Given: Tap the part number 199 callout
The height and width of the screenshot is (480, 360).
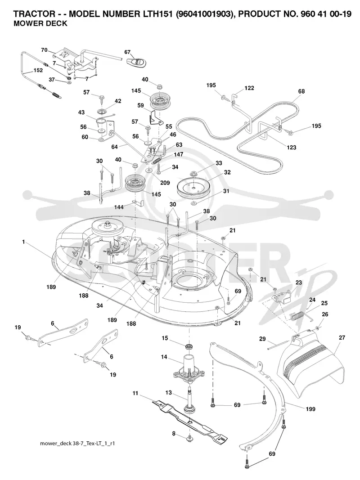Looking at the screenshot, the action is (310, 409).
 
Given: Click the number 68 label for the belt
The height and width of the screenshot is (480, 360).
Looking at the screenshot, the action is (301, 91).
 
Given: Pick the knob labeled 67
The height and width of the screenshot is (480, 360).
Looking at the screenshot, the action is (135, 62).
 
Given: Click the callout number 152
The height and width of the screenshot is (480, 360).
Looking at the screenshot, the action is (38, 71).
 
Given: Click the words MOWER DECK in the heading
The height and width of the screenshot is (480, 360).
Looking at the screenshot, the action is (40, 23).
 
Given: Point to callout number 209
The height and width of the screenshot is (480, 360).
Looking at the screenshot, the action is (165, 183).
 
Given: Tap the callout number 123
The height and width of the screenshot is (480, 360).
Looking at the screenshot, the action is (292, 148).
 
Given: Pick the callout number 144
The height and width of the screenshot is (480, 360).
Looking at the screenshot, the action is (119, 207).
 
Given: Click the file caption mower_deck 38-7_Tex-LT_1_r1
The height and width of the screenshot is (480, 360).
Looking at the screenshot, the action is (77, 443).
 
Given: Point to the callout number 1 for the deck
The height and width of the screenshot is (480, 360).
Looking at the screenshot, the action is (23, 242).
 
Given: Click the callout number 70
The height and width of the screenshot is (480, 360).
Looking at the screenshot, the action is (45, 50).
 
